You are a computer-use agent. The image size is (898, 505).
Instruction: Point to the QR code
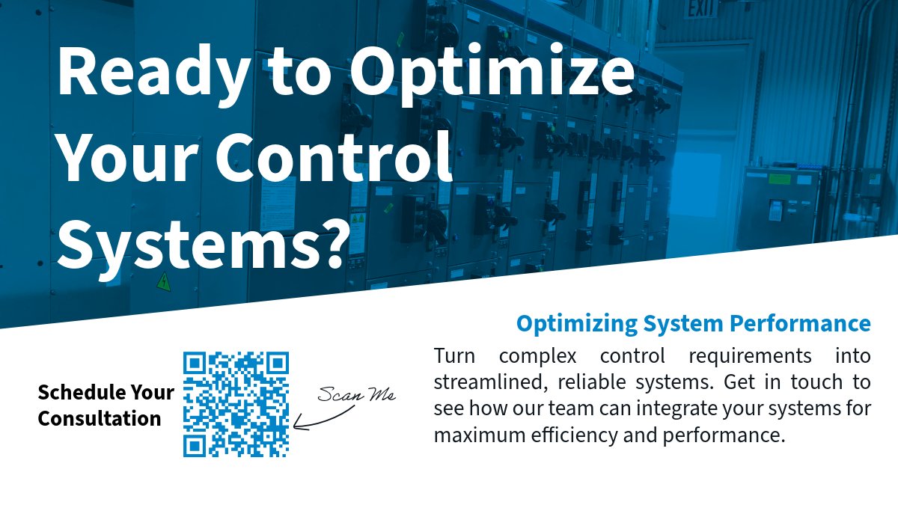236,405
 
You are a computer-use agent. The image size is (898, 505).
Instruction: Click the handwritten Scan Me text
355,394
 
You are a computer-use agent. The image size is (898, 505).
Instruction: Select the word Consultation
100,418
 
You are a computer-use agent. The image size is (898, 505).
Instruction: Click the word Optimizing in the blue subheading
572,324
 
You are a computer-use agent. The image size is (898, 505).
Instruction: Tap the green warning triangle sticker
163,282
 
